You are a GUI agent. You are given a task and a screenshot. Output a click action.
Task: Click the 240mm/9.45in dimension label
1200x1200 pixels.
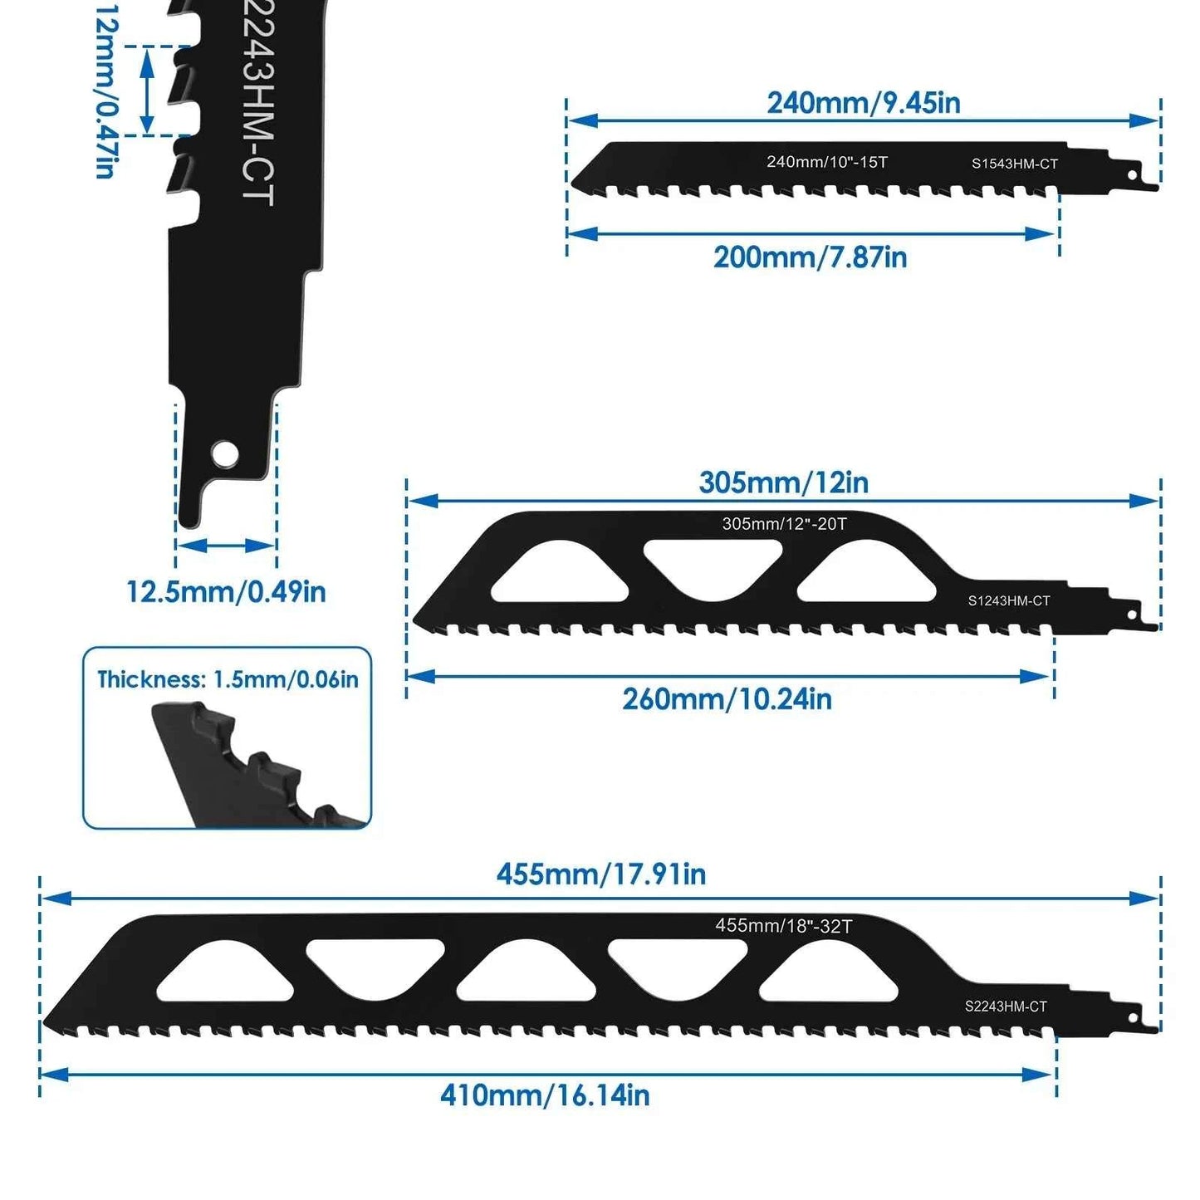click(863, 103)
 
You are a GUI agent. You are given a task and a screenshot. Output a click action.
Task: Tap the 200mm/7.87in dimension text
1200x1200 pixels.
click(810, 257)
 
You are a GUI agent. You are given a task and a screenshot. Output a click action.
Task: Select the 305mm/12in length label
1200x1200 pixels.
click(783, 482)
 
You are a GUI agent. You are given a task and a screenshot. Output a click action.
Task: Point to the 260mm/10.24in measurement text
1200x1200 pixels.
click(727, 699)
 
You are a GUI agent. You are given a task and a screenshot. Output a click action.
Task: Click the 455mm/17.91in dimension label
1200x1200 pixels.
click(601, 874)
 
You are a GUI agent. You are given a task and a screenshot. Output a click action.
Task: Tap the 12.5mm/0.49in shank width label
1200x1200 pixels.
click(226, 591)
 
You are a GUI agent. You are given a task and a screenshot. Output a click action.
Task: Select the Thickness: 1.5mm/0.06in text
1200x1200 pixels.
click(228, 679)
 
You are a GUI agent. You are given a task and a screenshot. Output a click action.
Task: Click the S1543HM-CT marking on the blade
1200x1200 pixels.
click(1015, 164)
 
